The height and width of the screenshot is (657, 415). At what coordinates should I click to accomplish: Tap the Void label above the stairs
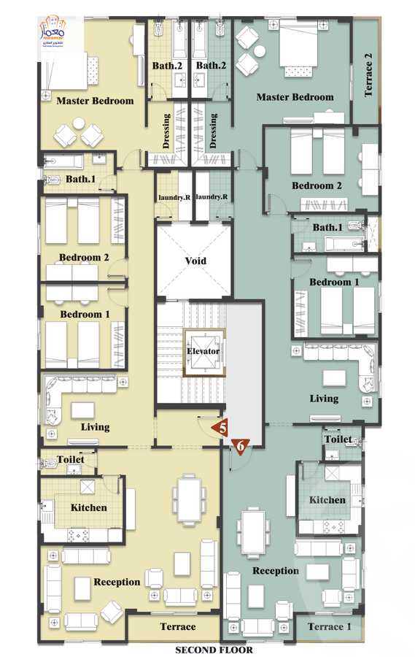point(195,261)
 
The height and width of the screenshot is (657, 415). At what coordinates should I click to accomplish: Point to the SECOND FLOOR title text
point(214,650)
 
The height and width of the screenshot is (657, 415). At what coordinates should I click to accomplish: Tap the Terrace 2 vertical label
point(368,71)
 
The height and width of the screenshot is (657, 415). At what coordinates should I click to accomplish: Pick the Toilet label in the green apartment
point(338,440)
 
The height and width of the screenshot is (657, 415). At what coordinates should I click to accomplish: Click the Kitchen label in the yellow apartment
point(89,507)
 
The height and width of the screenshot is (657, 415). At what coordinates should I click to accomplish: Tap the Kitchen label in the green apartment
point(327,500)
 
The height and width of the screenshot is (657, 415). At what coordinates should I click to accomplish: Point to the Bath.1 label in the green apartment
point(327,228)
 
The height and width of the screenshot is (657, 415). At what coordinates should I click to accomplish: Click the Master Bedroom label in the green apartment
point(295,97)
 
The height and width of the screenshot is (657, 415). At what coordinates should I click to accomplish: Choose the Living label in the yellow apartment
point(95,427)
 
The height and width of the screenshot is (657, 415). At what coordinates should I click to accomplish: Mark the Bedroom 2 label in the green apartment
point(317,185)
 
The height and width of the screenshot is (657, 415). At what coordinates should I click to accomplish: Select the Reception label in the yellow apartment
point(117,582)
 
